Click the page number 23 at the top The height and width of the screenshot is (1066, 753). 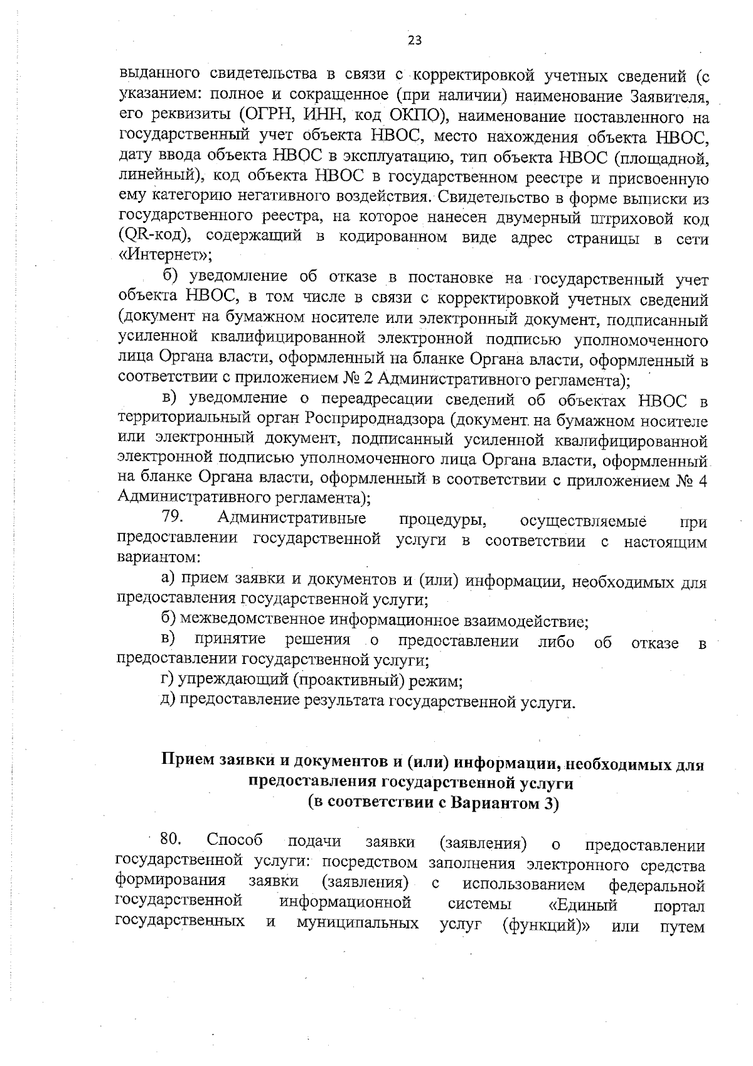pyautogui.click(x=415, y=41)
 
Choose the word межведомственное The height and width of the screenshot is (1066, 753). pyautogui.click(x=254, y=622)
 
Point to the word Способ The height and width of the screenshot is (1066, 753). pyautogui.click(x=235, y=840)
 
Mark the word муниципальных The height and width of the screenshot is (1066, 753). pyautogui.click(x=358, y=925)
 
